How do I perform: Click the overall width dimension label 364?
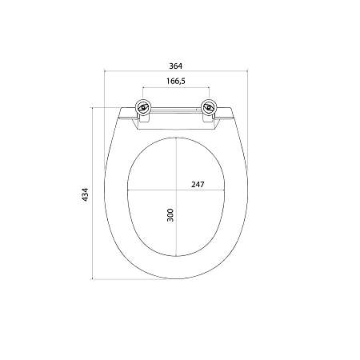[176, 66]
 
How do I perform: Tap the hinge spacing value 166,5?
[176, 81]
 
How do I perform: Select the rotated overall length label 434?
[85, 194]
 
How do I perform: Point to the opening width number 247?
[198, 184]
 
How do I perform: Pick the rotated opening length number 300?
[170, 215]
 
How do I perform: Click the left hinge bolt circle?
[143, 107]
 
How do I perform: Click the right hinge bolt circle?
[209, 107]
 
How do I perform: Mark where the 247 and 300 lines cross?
[176, 190]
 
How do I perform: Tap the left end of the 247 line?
[128, 190]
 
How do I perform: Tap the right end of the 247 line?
[225, 190]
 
